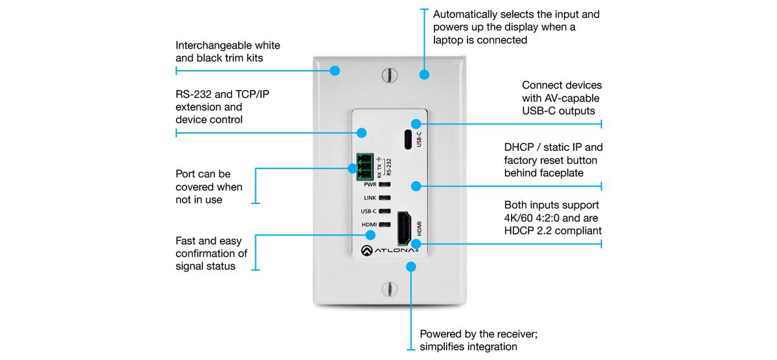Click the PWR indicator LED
coord(385,185)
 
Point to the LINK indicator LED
coord(385,197)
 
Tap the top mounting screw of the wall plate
coord(388,74)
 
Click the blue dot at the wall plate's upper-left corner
coord(335,70)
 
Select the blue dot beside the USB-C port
coord(416,123)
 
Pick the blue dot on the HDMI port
coord(416,244)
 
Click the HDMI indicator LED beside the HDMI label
coord(385,224)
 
